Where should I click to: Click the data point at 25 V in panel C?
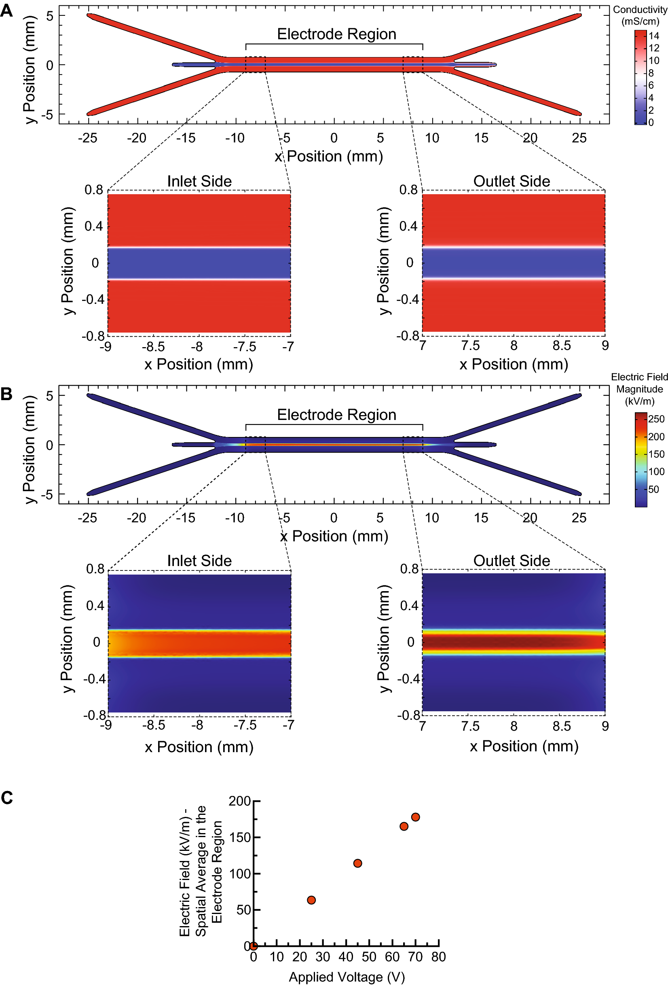coord(311,900)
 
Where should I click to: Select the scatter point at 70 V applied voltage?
coord(415,817)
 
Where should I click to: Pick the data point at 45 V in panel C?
coord(357,863)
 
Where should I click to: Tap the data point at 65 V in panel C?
coord(404,826)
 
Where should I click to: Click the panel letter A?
coord(6,10)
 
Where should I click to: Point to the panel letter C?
coord(7,797)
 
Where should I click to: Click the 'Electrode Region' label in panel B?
coord(336,415)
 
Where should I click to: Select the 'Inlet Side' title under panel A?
coord(199,181)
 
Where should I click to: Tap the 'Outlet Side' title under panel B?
coord(512,560)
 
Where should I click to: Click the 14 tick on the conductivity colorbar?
coord(653,36)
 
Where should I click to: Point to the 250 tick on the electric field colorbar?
coord(656,419)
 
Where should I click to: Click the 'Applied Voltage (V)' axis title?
coord(347,977)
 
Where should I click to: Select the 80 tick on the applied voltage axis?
coord(439,957)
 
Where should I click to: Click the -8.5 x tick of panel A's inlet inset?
coord(153,347)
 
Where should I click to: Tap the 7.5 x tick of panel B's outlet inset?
coord(470,726)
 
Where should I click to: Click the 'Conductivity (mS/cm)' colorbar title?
coord(640,15)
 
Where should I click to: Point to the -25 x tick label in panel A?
coord(87,138)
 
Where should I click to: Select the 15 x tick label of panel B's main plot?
coord(481,517)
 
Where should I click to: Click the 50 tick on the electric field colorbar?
coord(653,489)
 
